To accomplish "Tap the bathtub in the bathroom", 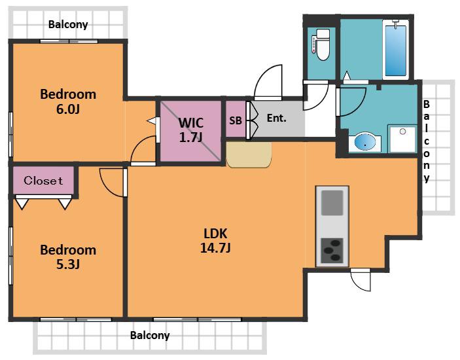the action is [396, 50].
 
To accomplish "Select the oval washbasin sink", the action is [365, 142].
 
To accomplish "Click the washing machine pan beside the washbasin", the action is [402, 139].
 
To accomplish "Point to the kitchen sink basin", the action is [332, 203].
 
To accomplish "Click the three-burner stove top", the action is [332, 250].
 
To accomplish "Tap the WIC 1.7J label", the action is [190, 130].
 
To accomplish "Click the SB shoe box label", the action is [236, 120].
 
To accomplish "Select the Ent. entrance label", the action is [276, 118].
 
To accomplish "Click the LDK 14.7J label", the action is [215, 241].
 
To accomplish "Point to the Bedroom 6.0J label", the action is [68, 101].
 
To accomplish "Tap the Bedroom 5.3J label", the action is [68, 257].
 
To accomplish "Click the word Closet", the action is [43, 181].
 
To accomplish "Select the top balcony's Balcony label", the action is [68, 24].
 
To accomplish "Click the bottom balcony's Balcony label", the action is [150, 335].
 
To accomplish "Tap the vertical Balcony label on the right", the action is [427, 141].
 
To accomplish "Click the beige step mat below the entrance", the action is [249, 154].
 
